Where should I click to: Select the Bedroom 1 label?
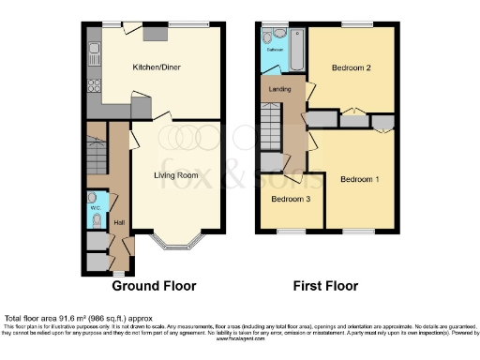tap(359, 180)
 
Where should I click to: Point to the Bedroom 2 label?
tap(352, 68)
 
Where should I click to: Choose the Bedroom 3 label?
tap(291, 199)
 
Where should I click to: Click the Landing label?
tap(280, 89)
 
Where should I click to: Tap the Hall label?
tap(119, 221)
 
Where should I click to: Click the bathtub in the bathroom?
tap(297, 51)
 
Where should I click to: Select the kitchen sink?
tap(93, 49)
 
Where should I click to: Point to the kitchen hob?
tap(93, 86)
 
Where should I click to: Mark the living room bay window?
tap(177, 247)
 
